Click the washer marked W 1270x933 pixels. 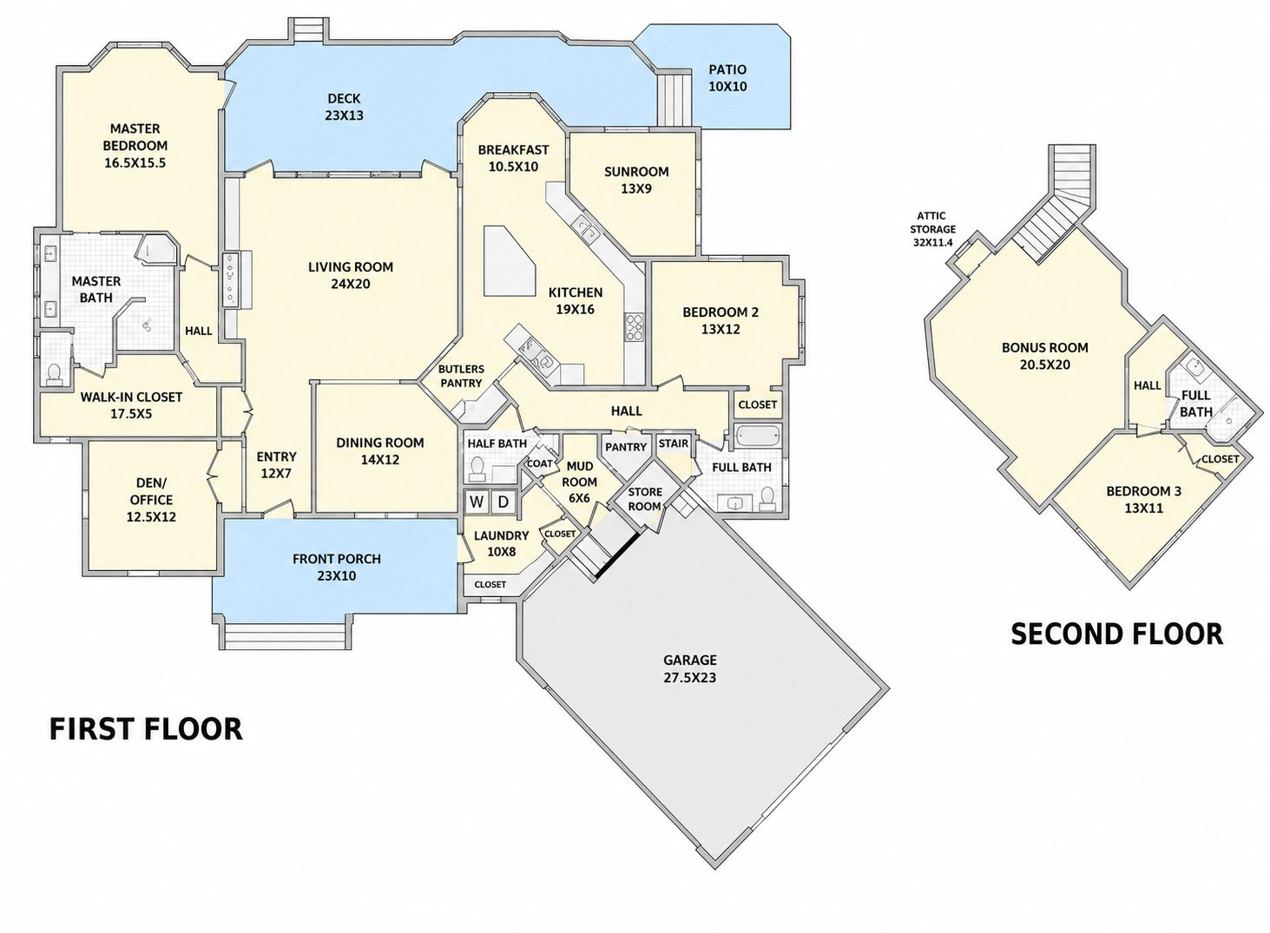click(477, 502)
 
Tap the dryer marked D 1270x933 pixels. click(503, 502)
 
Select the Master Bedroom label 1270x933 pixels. click(135, 146)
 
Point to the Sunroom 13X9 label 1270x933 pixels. click(636, 181)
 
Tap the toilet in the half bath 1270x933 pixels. click(477, 469)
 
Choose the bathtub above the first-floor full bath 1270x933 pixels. click(758, 436)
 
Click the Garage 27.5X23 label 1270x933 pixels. click(690, 668)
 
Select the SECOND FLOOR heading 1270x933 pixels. click(1117, 634)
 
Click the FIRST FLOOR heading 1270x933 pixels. click(147, 729)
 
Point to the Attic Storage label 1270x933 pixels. click(932, 230)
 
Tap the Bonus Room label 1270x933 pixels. click(1045, 356)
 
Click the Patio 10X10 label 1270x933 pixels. click(727, 78)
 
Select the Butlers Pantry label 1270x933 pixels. click(461, 377)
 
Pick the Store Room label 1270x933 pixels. click(645, 499)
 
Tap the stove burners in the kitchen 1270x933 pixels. click(634, 327)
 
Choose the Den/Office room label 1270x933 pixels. click(151, 500)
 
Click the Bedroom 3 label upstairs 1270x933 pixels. click(1143, 499)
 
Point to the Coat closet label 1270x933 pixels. click(539, 463)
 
